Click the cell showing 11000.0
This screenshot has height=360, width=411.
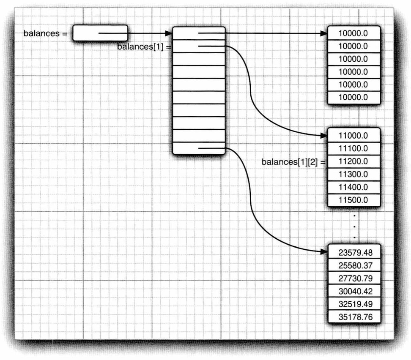tap(353, 136)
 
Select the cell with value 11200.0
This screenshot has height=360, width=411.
tap(353, 161)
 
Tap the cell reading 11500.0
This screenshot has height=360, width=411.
tap(353, 199)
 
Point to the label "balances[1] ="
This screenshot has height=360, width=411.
tap(144, 46)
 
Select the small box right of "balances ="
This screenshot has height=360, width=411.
tap(100, 33)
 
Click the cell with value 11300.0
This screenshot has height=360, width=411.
tap(353, 174)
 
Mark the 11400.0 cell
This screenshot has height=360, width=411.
tap(353, 187)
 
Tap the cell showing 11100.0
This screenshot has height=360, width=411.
tap(353, 148)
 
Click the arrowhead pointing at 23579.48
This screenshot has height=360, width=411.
tap(324, 252)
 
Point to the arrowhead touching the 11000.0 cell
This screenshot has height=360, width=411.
tap(324, 136)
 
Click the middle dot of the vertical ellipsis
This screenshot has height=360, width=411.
tap(354, 227)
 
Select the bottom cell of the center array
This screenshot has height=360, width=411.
tap(198, 148)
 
